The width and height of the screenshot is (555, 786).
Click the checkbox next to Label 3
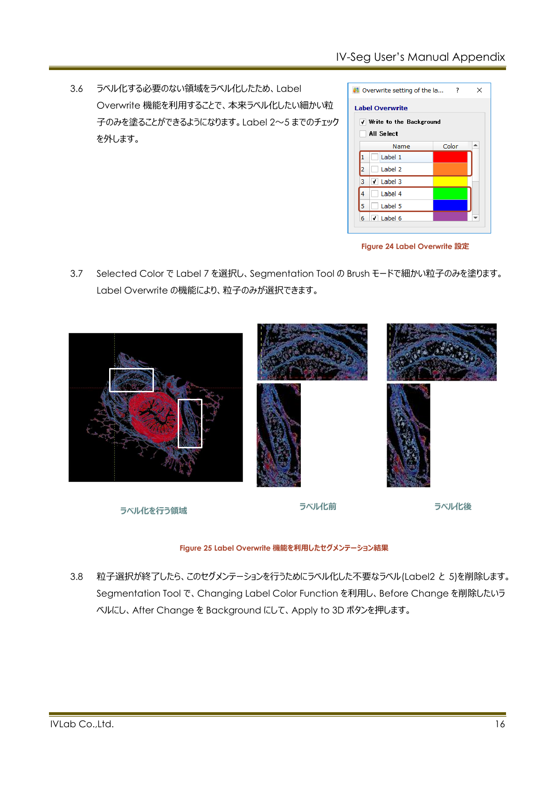click(375, 182)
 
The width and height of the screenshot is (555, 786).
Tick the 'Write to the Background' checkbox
click(363, 122)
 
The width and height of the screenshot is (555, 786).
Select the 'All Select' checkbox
click(363, 134)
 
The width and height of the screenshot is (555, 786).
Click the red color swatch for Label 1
click(450, 157)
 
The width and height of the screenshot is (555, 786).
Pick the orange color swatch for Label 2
click(450, 170)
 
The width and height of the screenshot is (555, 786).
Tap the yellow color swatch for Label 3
click(450, 182)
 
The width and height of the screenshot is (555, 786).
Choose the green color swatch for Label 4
click(450, 194)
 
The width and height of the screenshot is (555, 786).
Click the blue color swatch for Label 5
click(450, 206)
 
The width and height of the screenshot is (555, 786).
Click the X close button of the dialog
click(479, 90)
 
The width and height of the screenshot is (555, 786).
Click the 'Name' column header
click(401, 146)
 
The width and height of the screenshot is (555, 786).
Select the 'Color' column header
click(451, 146)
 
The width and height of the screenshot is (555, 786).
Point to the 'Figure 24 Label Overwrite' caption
click(415, 247)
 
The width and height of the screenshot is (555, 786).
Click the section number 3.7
click(76, 274)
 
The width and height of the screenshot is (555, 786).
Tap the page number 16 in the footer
click(500, 724)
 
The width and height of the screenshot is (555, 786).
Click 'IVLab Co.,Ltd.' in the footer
click(82, 724)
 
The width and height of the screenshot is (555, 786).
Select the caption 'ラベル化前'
click(318, 507)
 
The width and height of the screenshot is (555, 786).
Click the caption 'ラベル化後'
click(453, 507)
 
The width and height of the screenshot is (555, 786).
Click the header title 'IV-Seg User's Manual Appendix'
click(420, 57)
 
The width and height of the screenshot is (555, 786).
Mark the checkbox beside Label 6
click(375, 218)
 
